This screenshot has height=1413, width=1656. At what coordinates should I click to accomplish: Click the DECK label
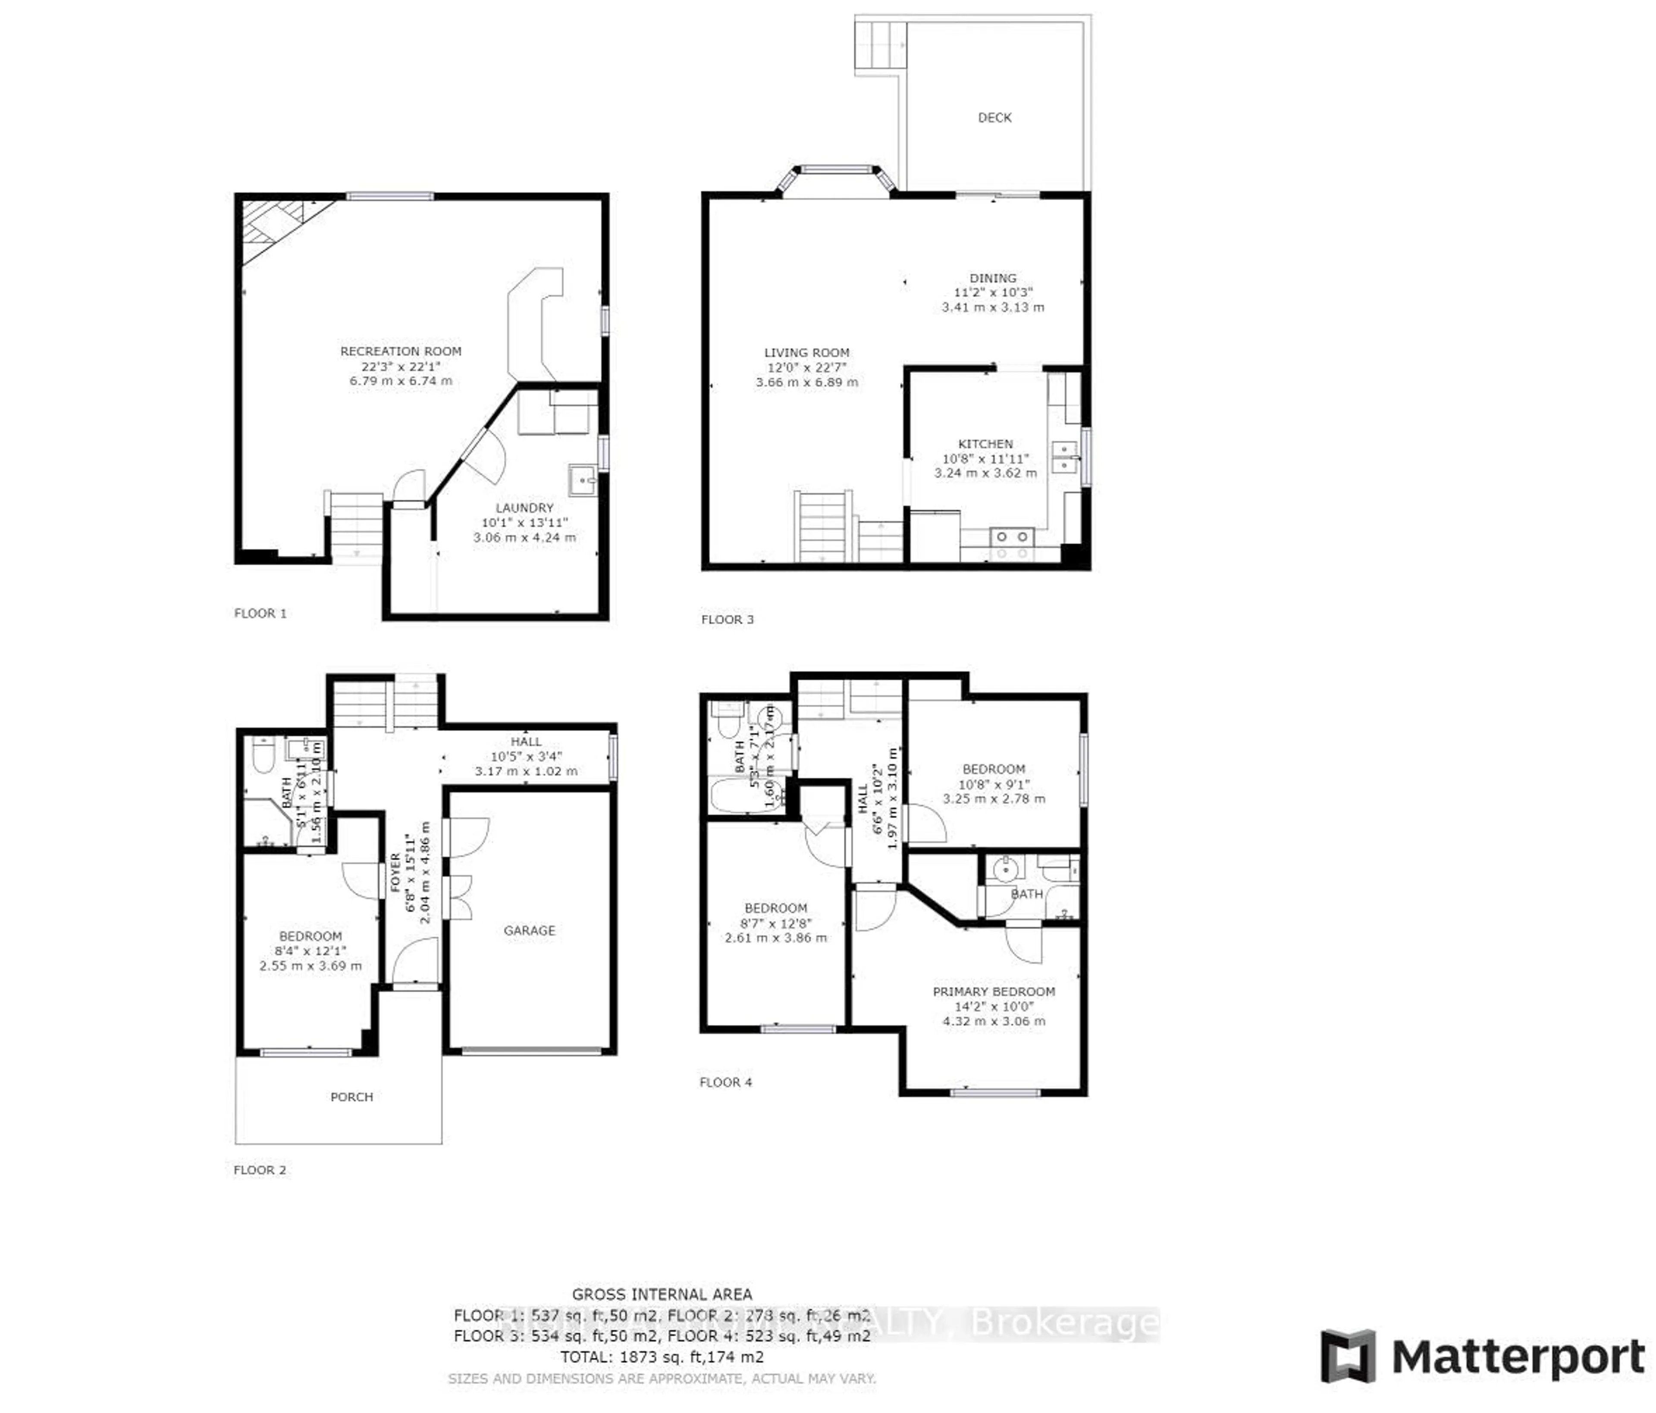pos(994,117)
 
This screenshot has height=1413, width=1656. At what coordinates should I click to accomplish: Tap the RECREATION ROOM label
pos(400,351)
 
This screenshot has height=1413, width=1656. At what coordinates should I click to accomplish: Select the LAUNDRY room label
pos(524,508)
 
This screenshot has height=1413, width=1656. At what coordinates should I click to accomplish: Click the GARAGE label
pos(529,930)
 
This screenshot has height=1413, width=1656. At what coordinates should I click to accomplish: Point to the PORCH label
pos(351,1097)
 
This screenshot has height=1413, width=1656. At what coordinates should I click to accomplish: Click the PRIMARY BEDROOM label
pos(994,991)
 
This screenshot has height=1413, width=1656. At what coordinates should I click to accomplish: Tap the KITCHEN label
pos(985,444)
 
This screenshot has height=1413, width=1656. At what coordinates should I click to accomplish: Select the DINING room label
pos(993,278)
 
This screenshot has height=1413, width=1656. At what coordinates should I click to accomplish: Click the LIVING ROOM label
pos(806,352)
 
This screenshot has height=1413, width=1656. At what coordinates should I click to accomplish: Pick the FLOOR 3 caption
pos(727,619)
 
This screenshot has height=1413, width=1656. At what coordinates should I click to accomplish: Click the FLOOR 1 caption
pos(260,613)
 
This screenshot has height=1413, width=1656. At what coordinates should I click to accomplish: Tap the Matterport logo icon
pos(1348,1356)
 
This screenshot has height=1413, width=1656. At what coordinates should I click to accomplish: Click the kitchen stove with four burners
pos(1012,544)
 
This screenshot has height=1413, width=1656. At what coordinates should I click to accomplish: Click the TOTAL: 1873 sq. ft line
pos(662,1356)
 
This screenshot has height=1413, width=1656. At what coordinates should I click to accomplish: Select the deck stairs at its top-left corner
pos(881,46)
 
